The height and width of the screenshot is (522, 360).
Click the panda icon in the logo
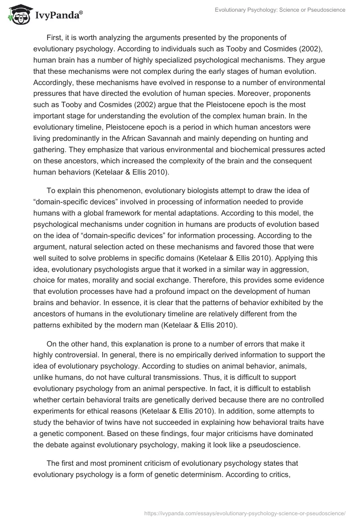pos(17,14)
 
